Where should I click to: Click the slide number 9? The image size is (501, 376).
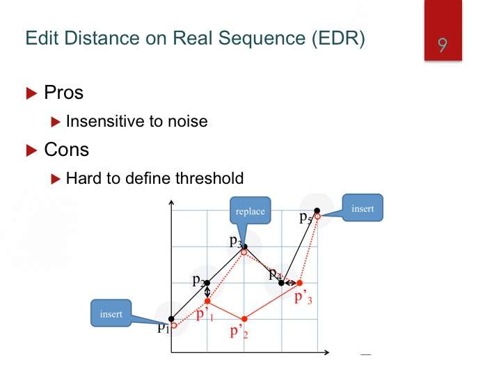pos(443,45)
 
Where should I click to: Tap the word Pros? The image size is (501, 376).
pos(63,93)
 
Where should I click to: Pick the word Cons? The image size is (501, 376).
pos(67,149)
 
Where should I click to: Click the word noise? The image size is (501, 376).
pos(188,121)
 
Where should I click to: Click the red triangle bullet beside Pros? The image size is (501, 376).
pos(31,93)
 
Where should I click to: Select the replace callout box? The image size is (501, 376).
pos(250,210)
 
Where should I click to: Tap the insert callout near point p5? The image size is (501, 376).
pos(363,207)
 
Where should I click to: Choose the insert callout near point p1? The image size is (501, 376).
pos(111,313)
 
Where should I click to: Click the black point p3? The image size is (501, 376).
pos(245,246)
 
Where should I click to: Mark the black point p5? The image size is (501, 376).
pos(317,210)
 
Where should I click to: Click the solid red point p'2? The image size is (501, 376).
pos(244,319)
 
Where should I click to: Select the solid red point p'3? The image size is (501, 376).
pos(300,283)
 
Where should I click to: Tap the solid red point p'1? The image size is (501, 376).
pos(207,301)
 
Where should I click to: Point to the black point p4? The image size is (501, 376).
pos(281,283)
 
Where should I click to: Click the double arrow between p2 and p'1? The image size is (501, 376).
pos(207,292)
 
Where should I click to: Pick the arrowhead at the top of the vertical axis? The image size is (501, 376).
pos(171,203)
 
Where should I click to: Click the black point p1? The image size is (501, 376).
pos(171,319)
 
